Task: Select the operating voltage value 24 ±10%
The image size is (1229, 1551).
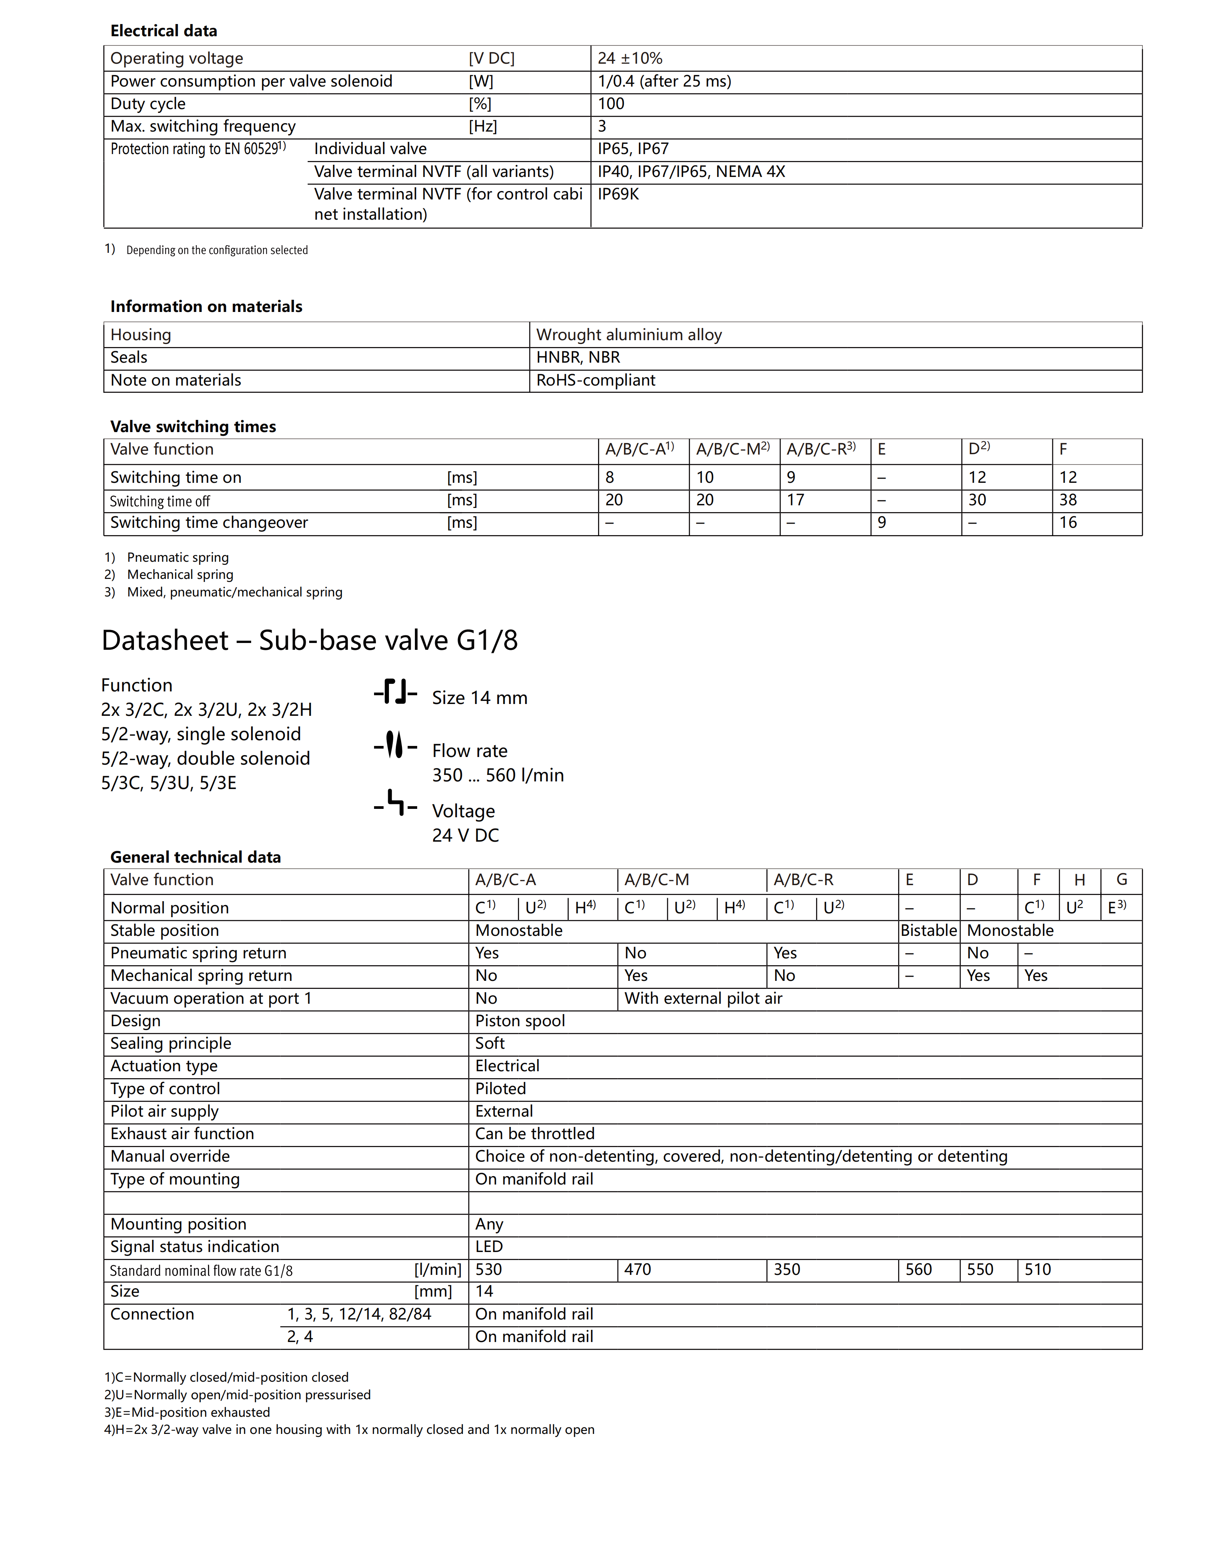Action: [x=630, y=58]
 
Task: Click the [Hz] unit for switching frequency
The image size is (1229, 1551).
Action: [x=483, y=127]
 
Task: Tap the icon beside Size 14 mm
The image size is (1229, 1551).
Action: [x=395, y=692]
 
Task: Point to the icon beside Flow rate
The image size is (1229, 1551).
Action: [x=395, y=745]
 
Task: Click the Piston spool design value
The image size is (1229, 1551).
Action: [x=519, y=1021]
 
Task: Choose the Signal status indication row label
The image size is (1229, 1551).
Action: [x=194, y=1247]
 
